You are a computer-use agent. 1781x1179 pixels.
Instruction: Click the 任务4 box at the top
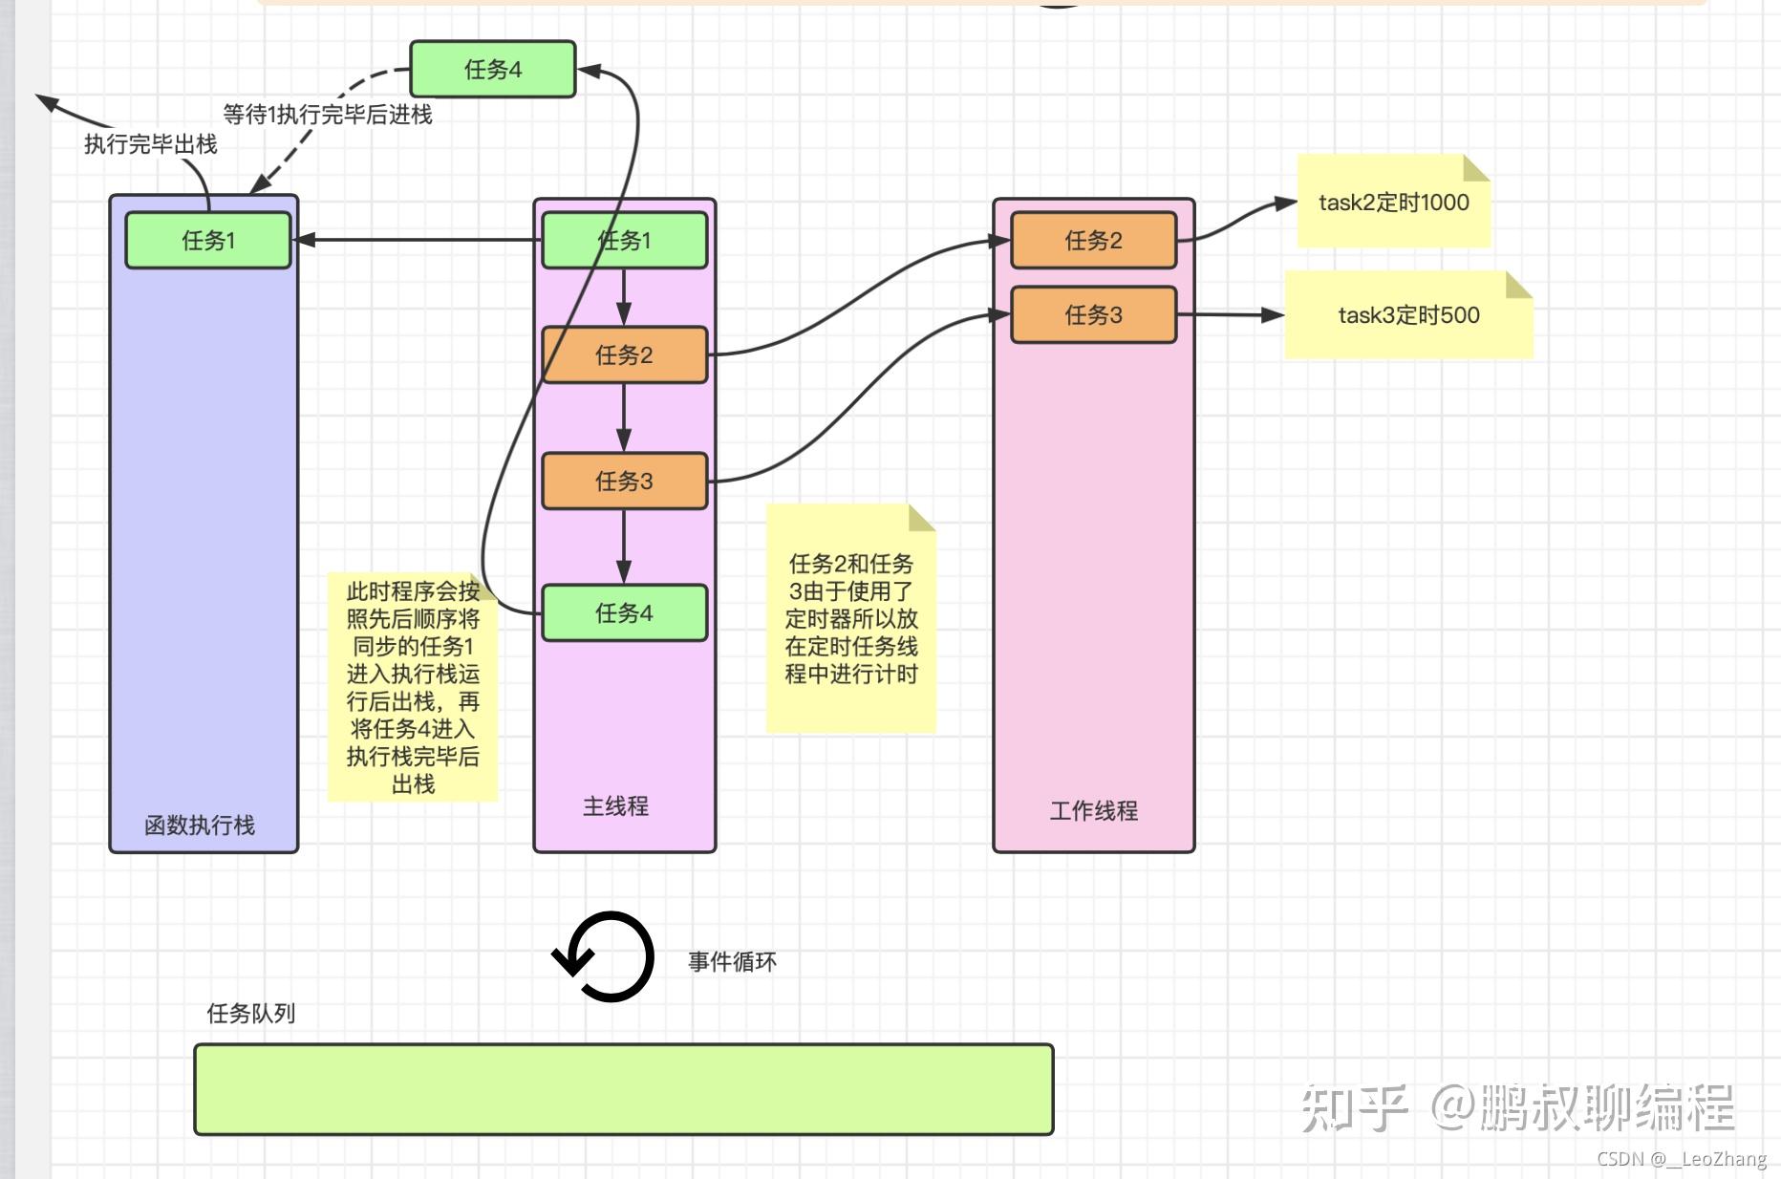(x=493, y=69)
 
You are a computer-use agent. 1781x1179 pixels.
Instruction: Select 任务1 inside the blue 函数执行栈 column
(x=208, y=240)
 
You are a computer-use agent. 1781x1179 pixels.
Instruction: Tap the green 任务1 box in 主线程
(x=625, y=240)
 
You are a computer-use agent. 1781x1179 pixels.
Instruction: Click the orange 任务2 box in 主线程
(x=625, y=355)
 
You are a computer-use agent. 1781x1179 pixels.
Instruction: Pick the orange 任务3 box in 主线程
(x=625, y=481)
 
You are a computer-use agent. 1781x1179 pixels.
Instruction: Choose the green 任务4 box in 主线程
(x=625, y=612)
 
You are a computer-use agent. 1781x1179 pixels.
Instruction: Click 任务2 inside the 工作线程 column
(x=1094, y=240)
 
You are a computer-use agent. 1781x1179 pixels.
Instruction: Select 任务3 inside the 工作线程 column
(x=1094, y=314)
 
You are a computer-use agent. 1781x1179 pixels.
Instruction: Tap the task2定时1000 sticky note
(x=1393, y=202)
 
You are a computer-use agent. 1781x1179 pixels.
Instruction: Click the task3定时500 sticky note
(x=1408, y=315)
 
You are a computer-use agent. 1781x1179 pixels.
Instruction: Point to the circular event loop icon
(x=604, y=956)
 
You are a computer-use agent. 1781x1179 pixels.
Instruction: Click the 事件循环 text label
(x=732, y=961)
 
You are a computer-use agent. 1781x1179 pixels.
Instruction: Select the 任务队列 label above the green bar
(x=250, y=1013)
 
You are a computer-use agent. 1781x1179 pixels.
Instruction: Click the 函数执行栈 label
(x=200, y=825)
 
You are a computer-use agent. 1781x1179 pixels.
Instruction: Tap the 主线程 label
(x=615, y=805)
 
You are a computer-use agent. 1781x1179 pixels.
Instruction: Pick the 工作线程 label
(x=1094, y=810)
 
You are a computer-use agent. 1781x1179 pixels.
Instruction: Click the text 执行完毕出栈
(x=151, y=144)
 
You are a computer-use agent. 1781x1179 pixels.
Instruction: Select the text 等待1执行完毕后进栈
(x=328, y=115)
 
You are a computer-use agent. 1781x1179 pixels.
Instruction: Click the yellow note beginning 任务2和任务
(x=851, y=618)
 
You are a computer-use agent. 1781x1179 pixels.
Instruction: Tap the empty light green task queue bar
(x=623, y=1089)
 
